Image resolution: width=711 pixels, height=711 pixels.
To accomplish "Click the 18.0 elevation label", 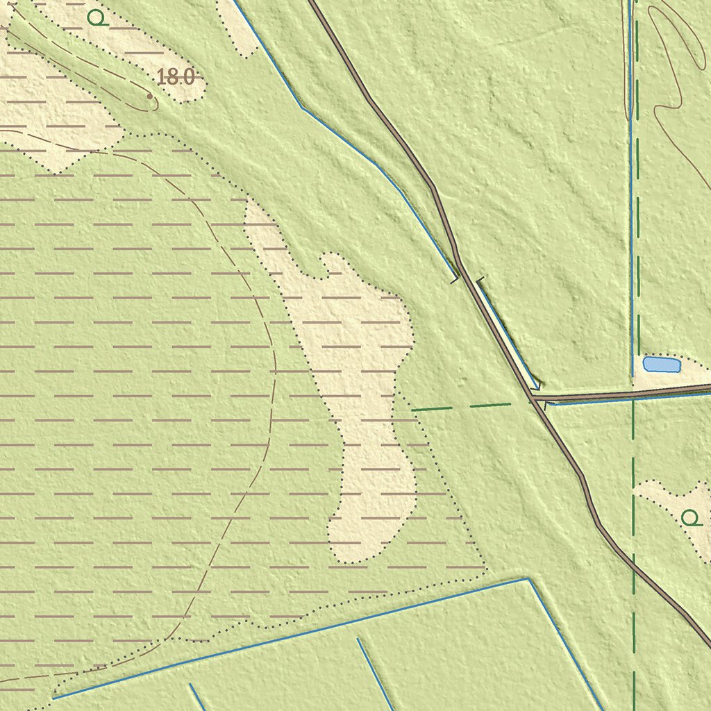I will pyautogui.click(x=176, y=77).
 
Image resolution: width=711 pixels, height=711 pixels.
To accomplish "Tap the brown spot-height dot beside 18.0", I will pyautogui.click(x=149, y=97).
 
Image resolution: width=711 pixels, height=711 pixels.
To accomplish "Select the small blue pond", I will pyautogui.click(x=661, y=365).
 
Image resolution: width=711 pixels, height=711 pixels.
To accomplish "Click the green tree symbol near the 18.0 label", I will pyautogui.click(x=97, y=18).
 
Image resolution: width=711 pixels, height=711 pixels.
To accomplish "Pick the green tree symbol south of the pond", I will pyautogui.click(x=689, y=517).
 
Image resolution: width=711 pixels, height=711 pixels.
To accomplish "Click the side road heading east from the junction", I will pyautogui.click(x=625, y=394).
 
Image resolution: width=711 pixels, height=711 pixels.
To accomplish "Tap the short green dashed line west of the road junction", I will pyautogui.click(x=461, y=406).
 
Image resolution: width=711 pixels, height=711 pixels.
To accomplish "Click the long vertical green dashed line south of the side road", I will pyautogui.click(x=633, y=555).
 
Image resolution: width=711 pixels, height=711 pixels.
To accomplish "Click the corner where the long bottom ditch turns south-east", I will pyautogui.click(x=528, y=578).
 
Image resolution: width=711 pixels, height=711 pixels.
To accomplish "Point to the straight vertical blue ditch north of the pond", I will pyautogui.click(x=631, y=208).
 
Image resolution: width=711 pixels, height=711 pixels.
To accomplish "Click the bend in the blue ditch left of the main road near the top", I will pyautogui.click(x=303, y=108).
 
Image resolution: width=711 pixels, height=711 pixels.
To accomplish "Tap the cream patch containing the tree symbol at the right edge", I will pyautogui.click(x=677, y=503).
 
